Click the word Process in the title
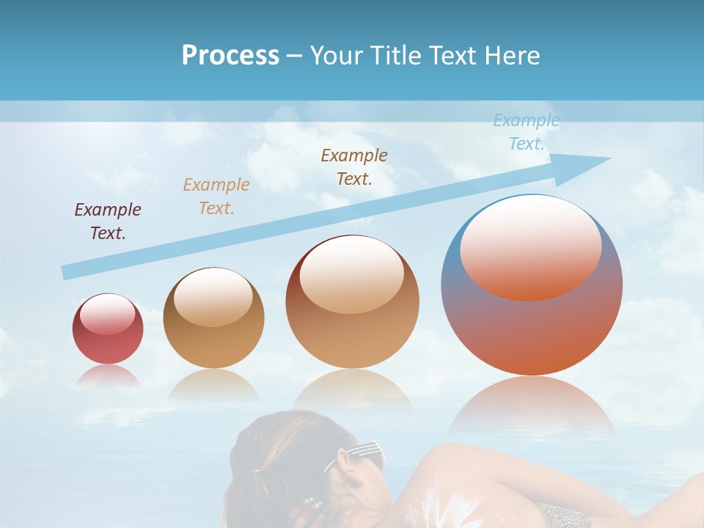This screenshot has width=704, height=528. point(230,56)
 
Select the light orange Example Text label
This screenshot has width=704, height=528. point(216,197)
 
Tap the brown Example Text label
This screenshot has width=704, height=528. point(354,167)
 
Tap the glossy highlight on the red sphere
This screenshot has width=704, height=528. point(107,313)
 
